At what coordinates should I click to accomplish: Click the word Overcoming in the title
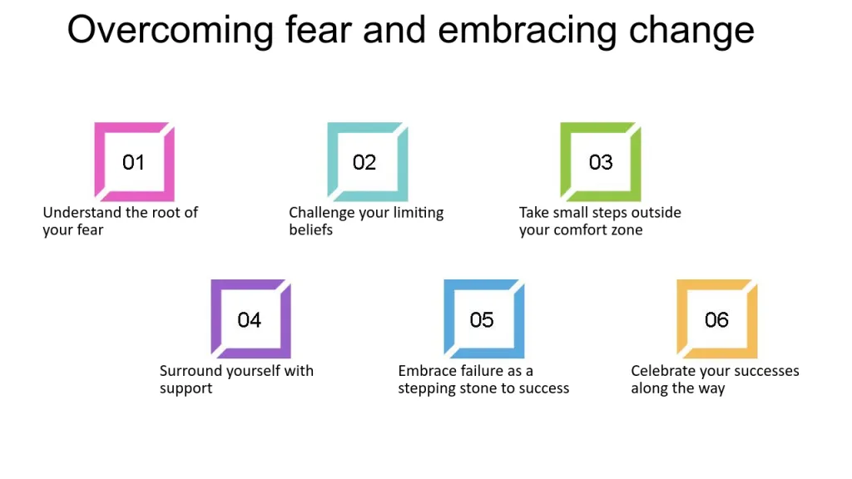coord(170,31)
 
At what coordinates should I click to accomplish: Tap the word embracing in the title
coord(527,31)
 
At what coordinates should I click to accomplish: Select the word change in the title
coord(691,31)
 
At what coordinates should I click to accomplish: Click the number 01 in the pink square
coord(133,162)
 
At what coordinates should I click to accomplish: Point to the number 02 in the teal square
coord(364,162)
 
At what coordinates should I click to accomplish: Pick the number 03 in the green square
coord(601,162)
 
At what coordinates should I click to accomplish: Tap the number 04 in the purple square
coord(250,320)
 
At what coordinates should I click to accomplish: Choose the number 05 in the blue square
coord(482,320)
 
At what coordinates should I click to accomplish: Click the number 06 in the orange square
coord(716,320)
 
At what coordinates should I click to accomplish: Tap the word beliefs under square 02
coord(311,230)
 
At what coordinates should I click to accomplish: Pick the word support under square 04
coord(186,389)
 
